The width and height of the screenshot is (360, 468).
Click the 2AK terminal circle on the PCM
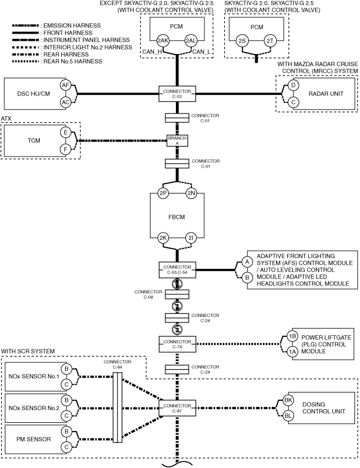click(163, 41)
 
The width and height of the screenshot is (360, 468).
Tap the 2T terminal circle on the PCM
click(270, 41)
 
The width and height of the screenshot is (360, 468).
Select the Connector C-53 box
click(177, 94)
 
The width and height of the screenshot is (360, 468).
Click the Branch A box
click(177, 141)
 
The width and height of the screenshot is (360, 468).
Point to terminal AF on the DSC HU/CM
click(66, 85)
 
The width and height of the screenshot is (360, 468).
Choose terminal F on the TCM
click(66, 149)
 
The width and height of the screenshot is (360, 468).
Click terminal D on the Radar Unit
click(293, 85)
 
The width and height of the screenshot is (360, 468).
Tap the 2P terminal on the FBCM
click(163, 193)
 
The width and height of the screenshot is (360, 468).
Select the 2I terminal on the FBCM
click(191, 238)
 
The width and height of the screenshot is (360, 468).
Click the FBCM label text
click(177, 217)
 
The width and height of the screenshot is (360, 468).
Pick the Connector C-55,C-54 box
click(177, 270)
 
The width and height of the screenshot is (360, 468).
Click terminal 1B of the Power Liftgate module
click(292, 336)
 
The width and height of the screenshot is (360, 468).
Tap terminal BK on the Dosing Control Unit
click(288, 400)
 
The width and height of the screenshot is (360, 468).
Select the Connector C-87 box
click(177, 408)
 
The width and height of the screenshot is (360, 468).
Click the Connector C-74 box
click(177, 344)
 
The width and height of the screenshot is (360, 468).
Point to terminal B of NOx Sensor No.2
click(67, 400)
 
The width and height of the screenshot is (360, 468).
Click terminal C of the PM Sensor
click(67, 447)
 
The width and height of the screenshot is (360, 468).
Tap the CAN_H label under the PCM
click(152, 52)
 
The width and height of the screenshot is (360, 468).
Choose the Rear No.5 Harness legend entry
click(57, 62)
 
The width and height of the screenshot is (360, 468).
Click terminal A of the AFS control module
click(247, 262)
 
